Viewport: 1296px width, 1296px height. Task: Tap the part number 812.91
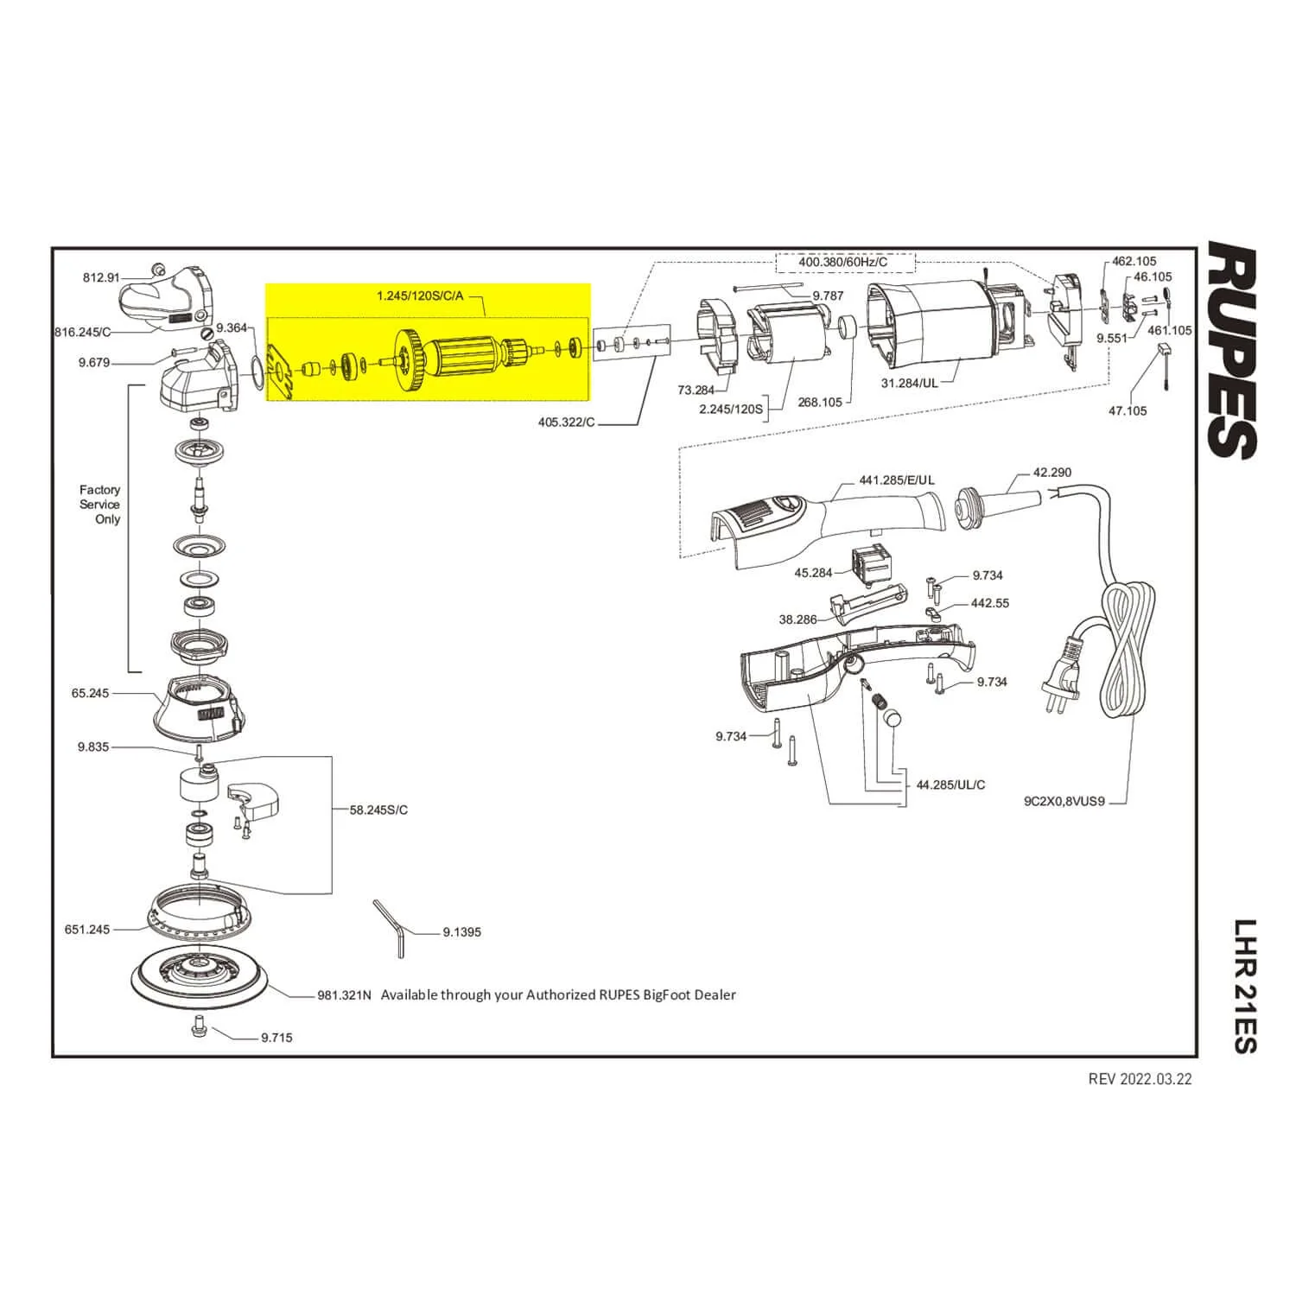click(101, 277)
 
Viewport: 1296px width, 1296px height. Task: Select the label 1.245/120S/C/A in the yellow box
click(420, 296)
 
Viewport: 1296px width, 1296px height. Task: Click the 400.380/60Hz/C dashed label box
click(843, 262)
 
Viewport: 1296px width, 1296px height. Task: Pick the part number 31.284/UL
click(910, 382)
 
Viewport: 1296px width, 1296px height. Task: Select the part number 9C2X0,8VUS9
click(1064, 801)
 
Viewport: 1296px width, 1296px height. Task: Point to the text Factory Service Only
click(100, 505)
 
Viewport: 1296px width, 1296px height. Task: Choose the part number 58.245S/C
click(378, 810)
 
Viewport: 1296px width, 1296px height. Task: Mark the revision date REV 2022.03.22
click(1140, 1079)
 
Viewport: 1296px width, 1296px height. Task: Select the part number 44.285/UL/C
click(950, 785)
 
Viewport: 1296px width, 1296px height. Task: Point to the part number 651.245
click(87, 930)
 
